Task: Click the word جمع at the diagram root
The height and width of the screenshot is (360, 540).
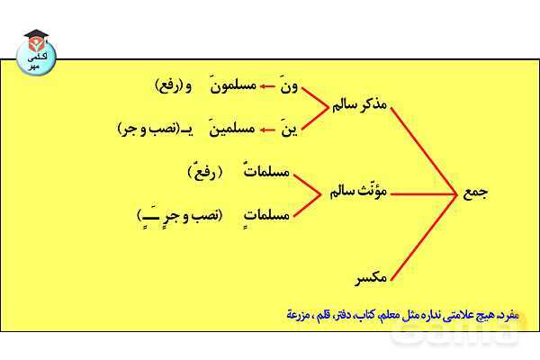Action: [x=474, y=192]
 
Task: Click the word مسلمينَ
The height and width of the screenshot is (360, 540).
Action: [x=233, y=129]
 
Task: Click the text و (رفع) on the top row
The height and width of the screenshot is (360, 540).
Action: [x=180, y=86]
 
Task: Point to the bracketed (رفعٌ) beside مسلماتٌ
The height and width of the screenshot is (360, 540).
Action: [x=204, y=171]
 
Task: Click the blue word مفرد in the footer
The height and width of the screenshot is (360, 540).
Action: [x=510, y=317]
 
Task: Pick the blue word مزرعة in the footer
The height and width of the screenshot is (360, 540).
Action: [x=301, y=317]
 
